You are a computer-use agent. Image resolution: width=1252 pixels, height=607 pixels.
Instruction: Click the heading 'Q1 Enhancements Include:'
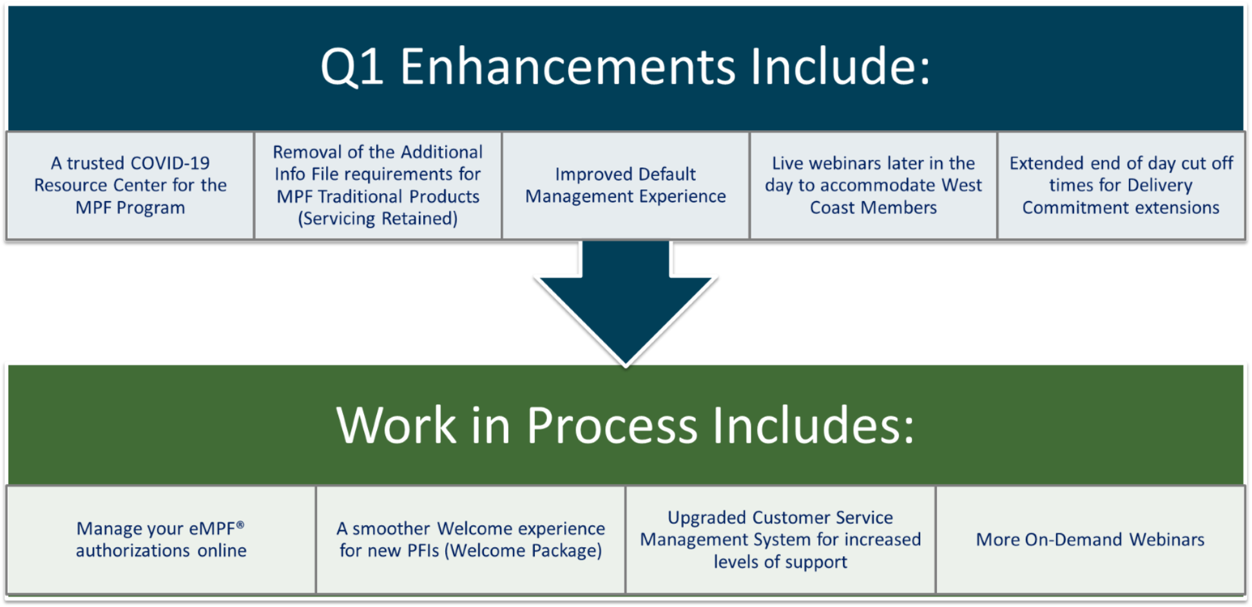(625, 66)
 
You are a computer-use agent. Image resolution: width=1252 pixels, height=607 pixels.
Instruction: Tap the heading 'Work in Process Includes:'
(625, 425)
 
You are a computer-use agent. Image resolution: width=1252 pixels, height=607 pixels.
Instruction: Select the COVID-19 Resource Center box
(130, 186)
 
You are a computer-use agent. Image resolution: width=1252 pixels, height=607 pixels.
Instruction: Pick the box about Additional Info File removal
(378, 186)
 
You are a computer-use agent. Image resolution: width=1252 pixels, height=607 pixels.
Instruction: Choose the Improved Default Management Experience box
(625, 186)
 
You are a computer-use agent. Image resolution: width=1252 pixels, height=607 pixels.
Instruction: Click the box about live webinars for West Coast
(873, 186)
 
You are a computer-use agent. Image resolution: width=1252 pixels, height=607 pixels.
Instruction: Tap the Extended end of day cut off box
(1121, 186)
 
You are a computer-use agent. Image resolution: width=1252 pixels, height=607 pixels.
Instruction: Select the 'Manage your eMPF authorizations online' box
(161, 539)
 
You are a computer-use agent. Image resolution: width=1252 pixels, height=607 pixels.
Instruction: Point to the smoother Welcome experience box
(470, 539)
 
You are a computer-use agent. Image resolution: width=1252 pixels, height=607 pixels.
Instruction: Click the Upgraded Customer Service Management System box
(780, 539)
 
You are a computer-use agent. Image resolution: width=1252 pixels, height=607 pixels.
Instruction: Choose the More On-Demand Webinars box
(1090, 539)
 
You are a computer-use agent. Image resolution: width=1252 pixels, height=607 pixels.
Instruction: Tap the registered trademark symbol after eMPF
(240, 525)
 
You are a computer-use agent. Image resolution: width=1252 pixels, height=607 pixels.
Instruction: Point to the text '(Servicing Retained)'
(378, 219)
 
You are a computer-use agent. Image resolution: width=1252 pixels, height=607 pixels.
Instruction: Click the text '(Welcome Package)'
(523, 551)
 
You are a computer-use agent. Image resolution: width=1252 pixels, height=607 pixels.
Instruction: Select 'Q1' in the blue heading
(352, 67)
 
